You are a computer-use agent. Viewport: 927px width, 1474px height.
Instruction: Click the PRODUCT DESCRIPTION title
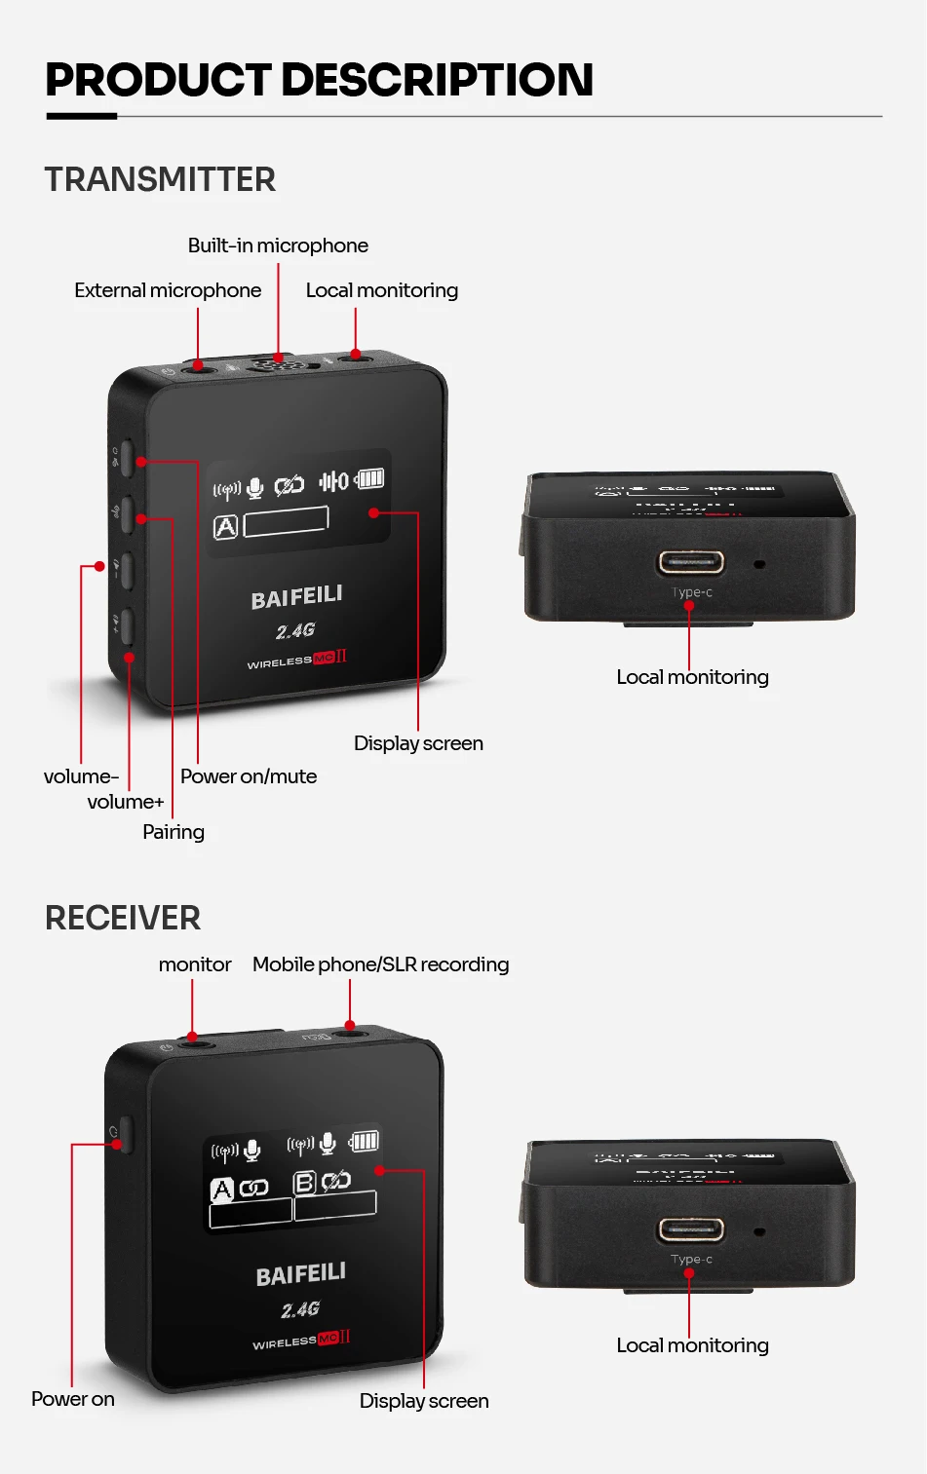319,80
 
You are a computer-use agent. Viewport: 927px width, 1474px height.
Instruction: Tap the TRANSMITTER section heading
160,179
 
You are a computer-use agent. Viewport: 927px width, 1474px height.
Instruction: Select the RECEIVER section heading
123,918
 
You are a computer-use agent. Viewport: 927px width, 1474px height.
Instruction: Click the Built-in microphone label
278,246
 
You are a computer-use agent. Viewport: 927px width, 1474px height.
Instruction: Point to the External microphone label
168,290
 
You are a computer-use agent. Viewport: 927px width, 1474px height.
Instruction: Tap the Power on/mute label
249,776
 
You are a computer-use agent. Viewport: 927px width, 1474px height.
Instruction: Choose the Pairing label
174,832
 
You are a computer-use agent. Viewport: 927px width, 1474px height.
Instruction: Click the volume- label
81,776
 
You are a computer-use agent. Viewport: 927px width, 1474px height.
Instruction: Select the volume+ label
126,802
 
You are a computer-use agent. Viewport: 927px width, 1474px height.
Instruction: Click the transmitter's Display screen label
418,743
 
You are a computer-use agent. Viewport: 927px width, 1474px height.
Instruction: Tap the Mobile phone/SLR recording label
380,964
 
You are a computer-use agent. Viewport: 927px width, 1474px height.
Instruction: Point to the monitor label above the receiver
195,964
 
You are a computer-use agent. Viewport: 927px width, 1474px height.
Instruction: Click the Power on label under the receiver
73,1399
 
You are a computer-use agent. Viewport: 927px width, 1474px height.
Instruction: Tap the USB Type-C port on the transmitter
691,562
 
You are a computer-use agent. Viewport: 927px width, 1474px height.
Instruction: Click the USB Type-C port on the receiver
691,1229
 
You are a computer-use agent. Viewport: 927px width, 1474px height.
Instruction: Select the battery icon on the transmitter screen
370,478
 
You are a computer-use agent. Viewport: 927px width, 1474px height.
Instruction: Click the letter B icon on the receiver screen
305,1183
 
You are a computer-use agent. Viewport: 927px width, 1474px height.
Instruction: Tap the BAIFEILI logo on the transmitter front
296,597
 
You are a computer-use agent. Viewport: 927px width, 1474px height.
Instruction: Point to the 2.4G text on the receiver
300,1309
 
